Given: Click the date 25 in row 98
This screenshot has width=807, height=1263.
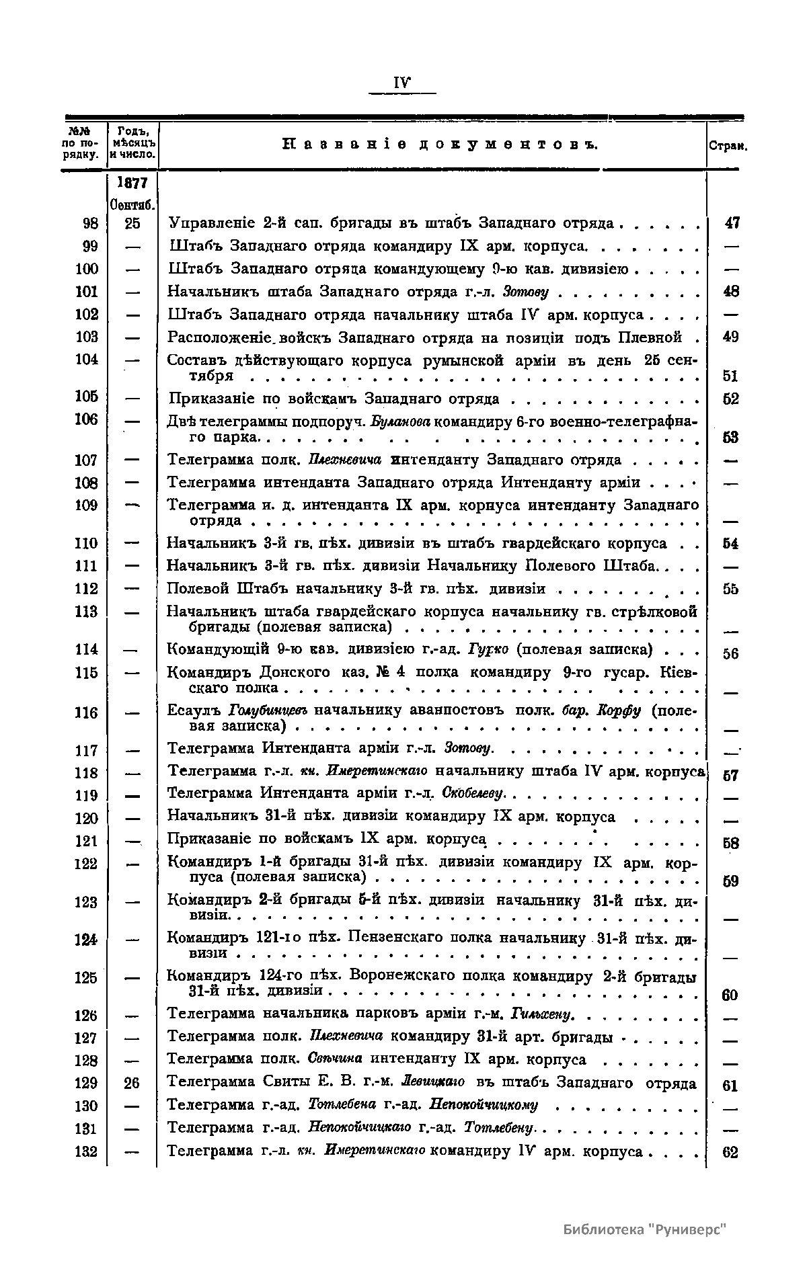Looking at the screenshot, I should (132, 223).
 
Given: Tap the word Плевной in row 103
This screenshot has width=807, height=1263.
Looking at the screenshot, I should (655, 337).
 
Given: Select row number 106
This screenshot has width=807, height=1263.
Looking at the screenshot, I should (87, 419).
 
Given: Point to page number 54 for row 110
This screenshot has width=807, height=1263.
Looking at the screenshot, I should (730, 544).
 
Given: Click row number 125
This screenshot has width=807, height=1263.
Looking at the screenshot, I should (87, 978).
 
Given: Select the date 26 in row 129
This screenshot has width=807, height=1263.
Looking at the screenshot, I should (132, 1083).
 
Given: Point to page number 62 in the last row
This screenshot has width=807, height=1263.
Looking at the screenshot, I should (730, 1152).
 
